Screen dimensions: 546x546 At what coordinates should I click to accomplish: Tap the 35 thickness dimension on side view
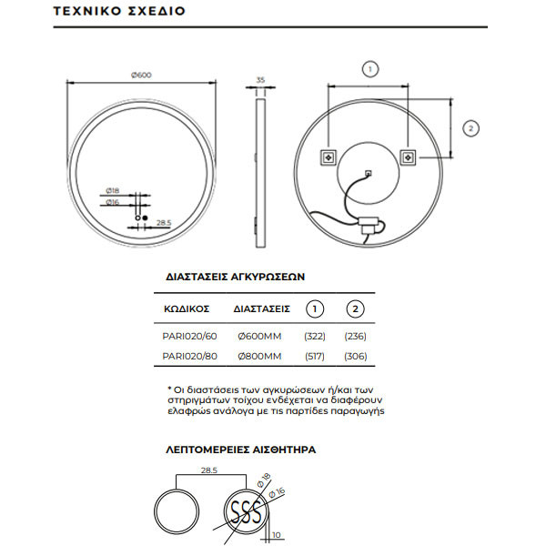tap(261, 80)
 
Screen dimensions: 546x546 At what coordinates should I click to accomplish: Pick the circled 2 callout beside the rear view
tap(470, 128)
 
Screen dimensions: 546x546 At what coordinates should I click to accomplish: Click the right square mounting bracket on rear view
tap(408, 157)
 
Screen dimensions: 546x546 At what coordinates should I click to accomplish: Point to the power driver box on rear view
tap(370, 222)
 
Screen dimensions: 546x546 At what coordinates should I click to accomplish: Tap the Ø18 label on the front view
tap(113, 190)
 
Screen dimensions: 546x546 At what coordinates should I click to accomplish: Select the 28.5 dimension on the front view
tap(164, 221)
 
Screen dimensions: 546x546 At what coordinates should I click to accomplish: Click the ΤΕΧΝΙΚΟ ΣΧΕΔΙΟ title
tap(107, 14)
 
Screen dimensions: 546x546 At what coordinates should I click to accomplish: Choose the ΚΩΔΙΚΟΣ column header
tap(189, 308)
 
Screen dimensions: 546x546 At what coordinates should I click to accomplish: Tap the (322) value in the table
tap(315, 335)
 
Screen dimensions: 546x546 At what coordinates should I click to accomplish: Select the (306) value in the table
tap(355, 356)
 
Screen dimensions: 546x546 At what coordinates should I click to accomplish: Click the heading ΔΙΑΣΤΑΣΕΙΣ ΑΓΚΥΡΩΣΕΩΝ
tap(235, 275)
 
